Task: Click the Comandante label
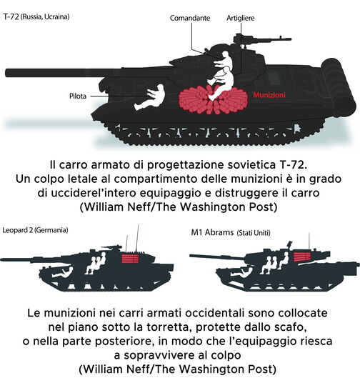(190, 18)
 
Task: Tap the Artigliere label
(241, 18)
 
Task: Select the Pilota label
(78, 96)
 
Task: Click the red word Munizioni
(269, 95)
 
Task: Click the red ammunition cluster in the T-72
(213, 100)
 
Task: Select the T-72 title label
(36, 17)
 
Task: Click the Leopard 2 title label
(35, 230)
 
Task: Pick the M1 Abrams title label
(231, 233)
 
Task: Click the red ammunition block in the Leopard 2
(130, 259)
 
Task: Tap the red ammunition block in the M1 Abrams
(301, 257)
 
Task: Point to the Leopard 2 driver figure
(62, 272)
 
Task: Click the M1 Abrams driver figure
(241, 272)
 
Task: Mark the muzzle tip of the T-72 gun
(6, 73)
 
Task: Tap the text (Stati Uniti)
(254, 233)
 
